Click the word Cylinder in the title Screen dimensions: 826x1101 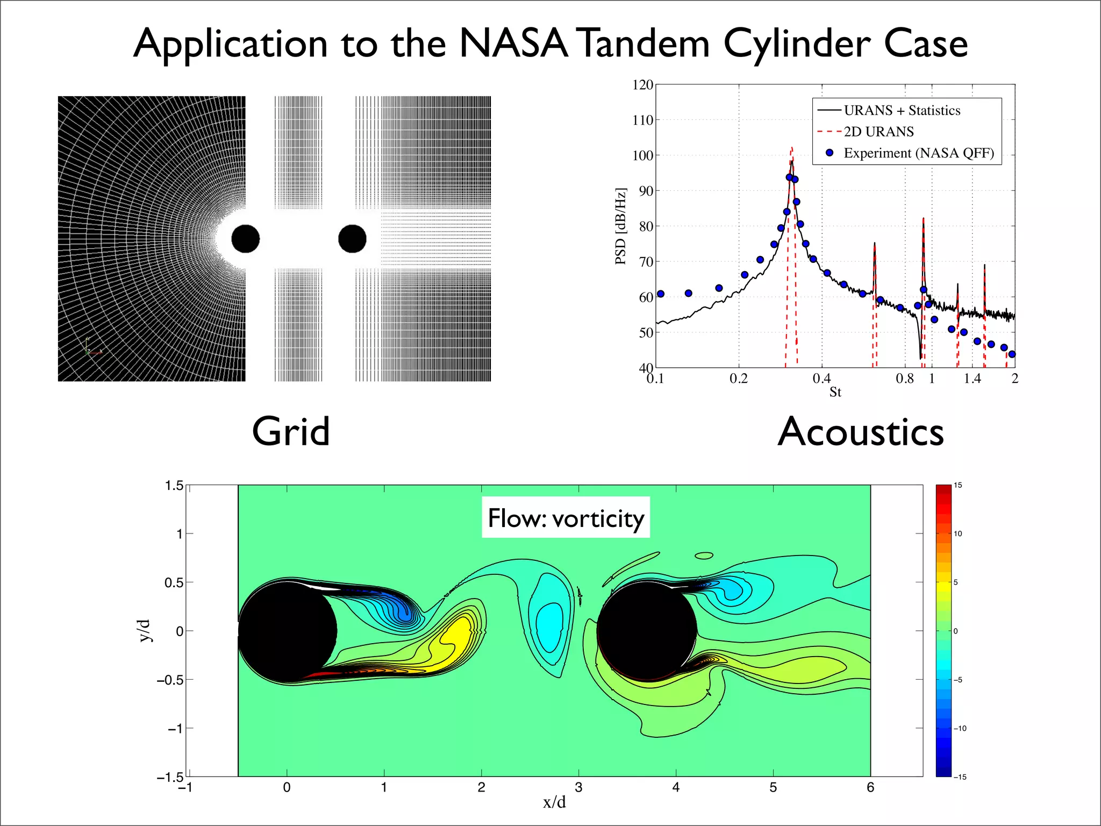796,44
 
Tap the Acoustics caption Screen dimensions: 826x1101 861,432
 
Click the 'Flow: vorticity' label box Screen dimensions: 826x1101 566,518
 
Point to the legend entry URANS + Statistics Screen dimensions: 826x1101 902,110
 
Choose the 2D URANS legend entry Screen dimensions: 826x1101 878,132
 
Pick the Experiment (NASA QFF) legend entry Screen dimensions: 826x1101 918,153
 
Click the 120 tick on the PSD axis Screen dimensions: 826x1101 642,85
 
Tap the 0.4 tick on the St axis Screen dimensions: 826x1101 821,379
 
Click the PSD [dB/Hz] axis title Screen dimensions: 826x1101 620,226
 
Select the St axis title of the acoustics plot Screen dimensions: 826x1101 835,392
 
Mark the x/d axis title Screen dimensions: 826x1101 554,802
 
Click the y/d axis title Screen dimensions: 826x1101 145,631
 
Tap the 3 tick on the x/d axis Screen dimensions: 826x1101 578,787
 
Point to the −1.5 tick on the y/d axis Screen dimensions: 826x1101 170,777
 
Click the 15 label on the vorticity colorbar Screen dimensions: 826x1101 958,486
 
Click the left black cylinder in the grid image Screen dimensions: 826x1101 246,239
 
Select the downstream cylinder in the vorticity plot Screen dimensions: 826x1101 647,631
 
